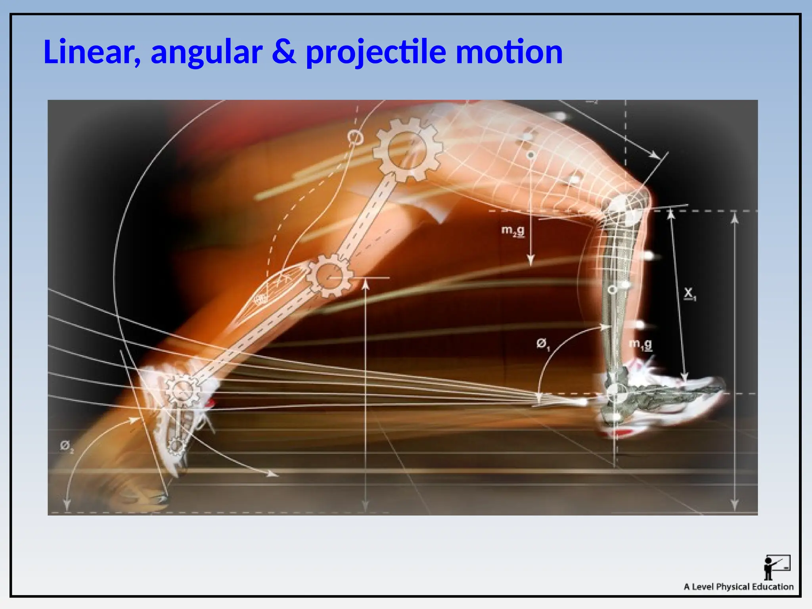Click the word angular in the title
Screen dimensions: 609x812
click(207, 52)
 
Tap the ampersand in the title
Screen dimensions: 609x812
click(284, 52)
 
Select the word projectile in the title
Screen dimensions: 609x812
click(376, 52)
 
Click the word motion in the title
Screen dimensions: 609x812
click(509, 52)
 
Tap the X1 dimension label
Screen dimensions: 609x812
click(689, 294)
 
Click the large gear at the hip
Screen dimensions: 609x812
click(407, 150)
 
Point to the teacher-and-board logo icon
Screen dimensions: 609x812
click(776, 567)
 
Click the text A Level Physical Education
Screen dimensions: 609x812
click(738, 587)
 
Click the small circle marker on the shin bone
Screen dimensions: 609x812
click(612, 290)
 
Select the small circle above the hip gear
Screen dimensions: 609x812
click(355, 138)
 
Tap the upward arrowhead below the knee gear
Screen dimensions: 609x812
click(366, 284)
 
